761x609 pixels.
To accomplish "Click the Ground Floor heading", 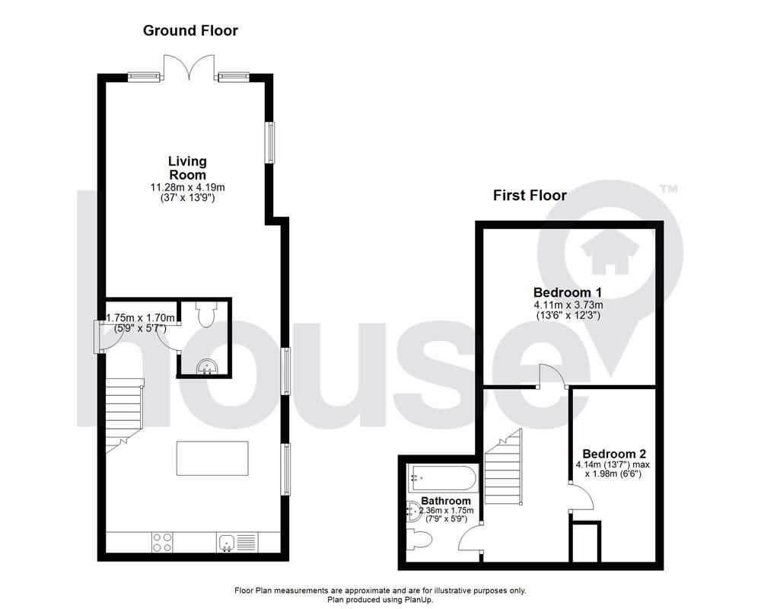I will (x=190, y=31).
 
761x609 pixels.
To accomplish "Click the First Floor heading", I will (x=530, y=196).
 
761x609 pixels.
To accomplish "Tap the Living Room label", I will (x=187, y=167).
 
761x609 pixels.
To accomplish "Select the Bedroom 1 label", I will (x=568, y=293).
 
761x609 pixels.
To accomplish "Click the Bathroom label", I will (x=444, y=501).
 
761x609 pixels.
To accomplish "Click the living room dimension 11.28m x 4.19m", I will (x=187, y=187).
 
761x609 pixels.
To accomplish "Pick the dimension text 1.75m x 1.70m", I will (x=141, y=318).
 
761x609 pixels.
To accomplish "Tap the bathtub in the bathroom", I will (x=441, y=479).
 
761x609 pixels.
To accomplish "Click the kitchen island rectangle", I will (x=212, y=458).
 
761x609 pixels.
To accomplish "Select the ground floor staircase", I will (x=123, y=415).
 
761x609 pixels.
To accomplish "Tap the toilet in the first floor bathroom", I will (x=420, y=540).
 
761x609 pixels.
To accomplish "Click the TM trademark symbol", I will (x=667, y=189).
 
